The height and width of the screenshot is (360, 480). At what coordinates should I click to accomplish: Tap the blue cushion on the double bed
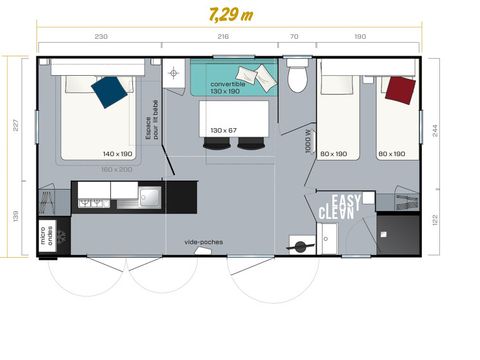click(x=109, y=91)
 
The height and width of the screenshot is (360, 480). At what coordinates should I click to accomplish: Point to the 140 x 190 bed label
click(x=118, y=153)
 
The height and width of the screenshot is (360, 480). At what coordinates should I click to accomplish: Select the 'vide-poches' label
click(x=204, y=241)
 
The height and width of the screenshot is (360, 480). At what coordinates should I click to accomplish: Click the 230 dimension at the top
click(x=101, y=37)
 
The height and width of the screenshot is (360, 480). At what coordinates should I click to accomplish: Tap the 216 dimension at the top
click(x=223, y=37)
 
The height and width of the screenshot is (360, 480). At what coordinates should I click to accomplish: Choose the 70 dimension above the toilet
click(x=294, y=37)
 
